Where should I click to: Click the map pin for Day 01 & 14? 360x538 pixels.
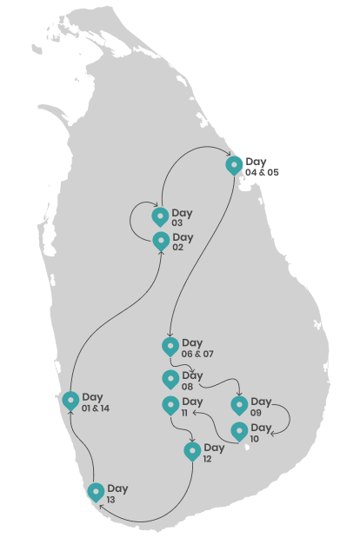[x=70, y=401]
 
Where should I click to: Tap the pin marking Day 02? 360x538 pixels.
[x=161, y=242]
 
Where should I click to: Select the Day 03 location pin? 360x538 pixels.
[x=160, y=217]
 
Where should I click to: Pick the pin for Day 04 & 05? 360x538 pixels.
[x=234, y=166]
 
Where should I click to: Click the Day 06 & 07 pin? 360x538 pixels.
[x=170, y=347]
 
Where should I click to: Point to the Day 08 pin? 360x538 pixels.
[x=170, y=380]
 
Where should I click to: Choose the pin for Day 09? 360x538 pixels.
[x=239, y=406]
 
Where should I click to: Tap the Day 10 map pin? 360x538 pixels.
[x=239, y=432]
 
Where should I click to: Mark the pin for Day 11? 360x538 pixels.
[x=170, y=406]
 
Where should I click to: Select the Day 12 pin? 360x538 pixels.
[x=192, y=452]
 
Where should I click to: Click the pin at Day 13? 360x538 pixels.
[x=96, y=493]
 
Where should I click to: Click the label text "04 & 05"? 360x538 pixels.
[x=262, y=172]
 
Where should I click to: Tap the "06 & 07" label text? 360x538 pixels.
[x=197, y=354]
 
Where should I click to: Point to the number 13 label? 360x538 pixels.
[x=110, y=500]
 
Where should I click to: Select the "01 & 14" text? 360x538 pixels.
[x=96, y=408]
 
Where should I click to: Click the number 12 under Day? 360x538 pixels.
[x=207, y=459]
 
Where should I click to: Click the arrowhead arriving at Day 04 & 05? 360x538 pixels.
[x=228, y=153]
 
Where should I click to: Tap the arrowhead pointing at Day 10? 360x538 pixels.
[x=273, y=434]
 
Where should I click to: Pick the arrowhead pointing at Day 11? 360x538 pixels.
[x=194, y=412]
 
